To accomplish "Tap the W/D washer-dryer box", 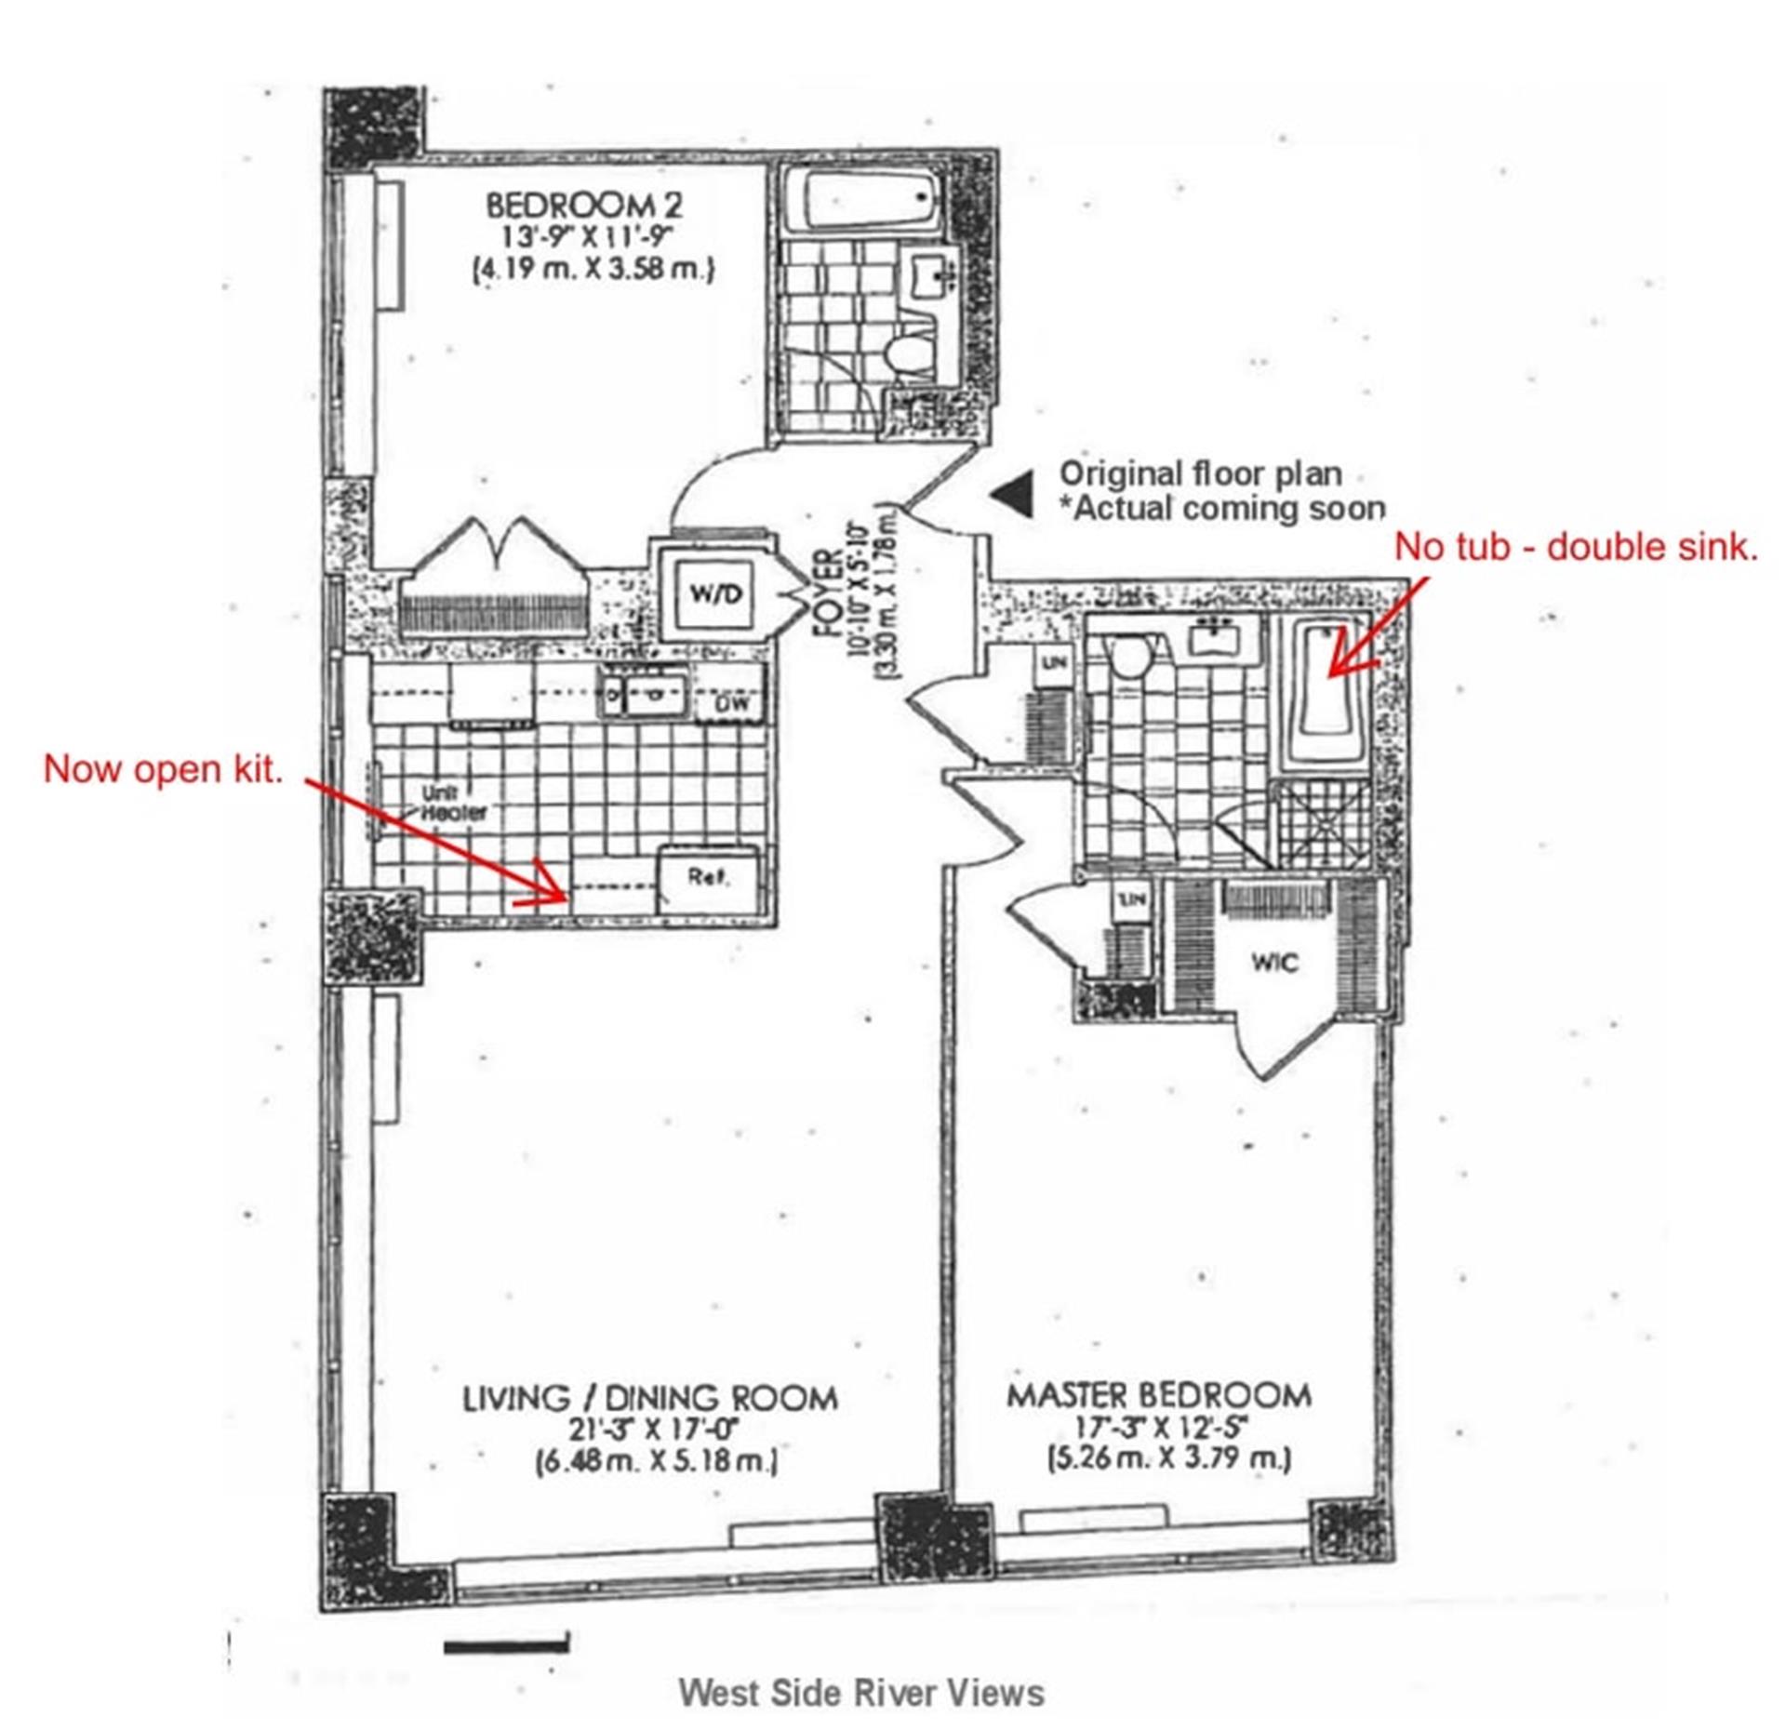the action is coord(714,592).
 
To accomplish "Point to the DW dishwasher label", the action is coord(732,704).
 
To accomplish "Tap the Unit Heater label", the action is coord(453,802).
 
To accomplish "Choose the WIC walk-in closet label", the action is coord(1273,962).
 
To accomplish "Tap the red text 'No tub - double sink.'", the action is coord(1576,546).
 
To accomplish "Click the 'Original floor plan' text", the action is coord(1200,473).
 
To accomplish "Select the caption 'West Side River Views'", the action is coord(860,1692).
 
